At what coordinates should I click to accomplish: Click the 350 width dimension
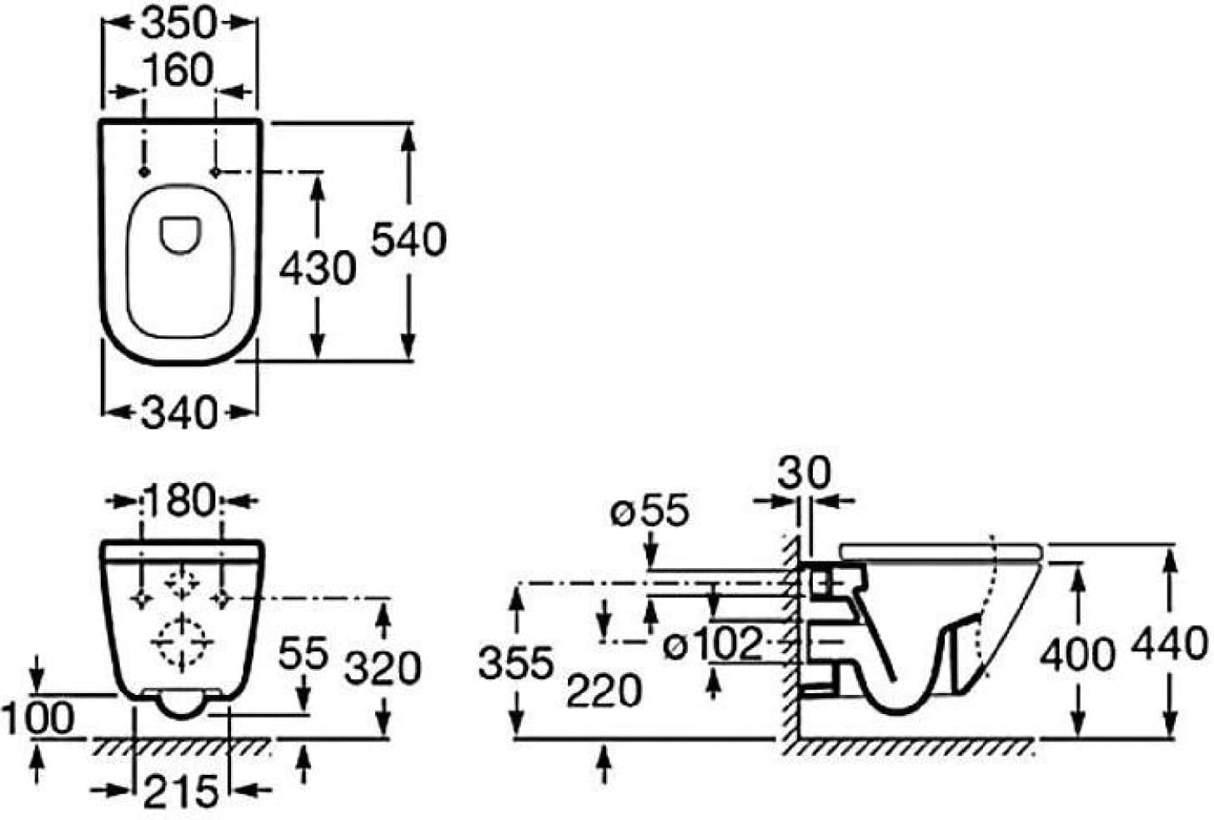pyautogui.click(x=180, y=24)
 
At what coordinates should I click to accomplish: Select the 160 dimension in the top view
pyautogui.click(x=178, y=70)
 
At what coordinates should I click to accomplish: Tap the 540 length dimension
pyautogui.click(x=409, y=239)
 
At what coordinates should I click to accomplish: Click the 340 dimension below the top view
pyautogui.click(x=179, y=413)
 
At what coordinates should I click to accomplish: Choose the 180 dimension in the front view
pyautogui.click(x=180, y=500)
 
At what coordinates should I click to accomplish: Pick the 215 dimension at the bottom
pyautogui.click(x=180, y=791)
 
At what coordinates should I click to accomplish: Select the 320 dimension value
pyautogui.click(x=383, y=668)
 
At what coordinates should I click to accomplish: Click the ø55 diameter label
pyautogui.click(x=650, y=511)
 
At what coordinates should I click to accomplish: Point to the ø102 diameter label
pyautogui.click(x=714, y=644)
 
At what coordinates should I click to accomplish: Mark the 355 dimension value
pyautogui.click(x=516, y=662)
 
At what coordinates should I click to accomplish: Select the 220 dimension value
pyautogui.click(x=604, y=691)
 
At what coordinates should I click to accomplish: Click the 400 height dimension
pyautogui.click(x=1077, y=654)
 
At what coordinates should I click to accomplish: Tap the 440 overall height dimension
pyautogui.click(x=1170, y=643)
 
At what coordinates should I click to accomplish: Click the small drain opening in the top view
pyautogui.click(x=180, y=235)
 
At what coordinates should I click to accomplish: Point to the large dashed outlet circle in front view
pyautogui.click(x=182, y=642)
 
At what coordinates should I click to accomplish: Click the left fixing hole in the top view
pyautogui.click(x=144, y=172)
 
